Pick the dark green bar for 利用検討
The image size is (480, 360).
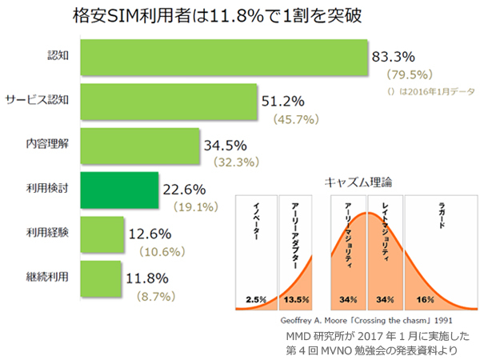coord(121,190)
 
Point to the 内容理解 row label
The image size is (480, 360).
coord(46,145)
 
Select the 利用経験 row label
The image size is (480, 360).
coord(46,234)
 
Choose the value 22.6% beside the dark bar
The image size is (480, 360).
coord(185,190)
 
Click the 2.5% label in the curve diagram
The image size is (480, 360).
coord(256,300)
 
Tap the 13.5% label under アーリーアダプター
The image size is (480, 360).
coord(297,300)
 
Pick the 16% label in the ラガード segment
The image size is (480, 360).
coord(425,300)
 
